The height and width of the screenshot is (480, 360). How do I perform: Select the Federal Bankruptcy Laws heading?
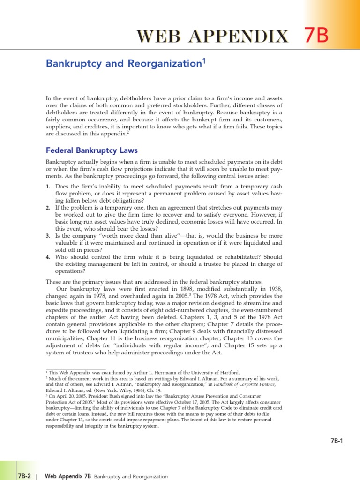[92, 150]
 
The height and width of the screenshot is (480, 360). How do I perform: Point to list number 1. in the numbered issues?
[48, 187]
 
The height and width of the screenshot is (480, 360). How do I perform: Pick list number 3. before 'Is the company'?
[48, 236]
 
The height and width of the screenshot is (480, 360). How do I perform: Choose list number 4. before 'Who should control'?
[48, 257]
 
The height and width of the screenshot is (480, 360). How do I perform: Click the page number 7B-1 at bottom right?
[336, 441]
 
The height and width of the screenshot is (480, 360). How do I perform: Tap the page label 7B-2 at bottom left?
[24, 476]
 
